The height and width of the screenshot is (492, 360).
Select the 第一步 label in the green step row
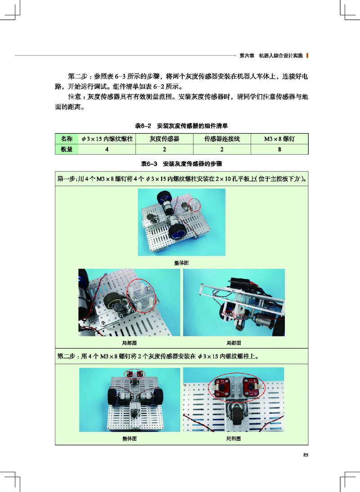pos(67,179)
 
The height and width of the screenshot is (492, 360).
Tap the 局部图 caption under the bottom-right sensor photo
pos(233,438)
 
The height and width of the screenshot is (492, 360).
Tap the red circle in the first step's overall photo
pos(195,206)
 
